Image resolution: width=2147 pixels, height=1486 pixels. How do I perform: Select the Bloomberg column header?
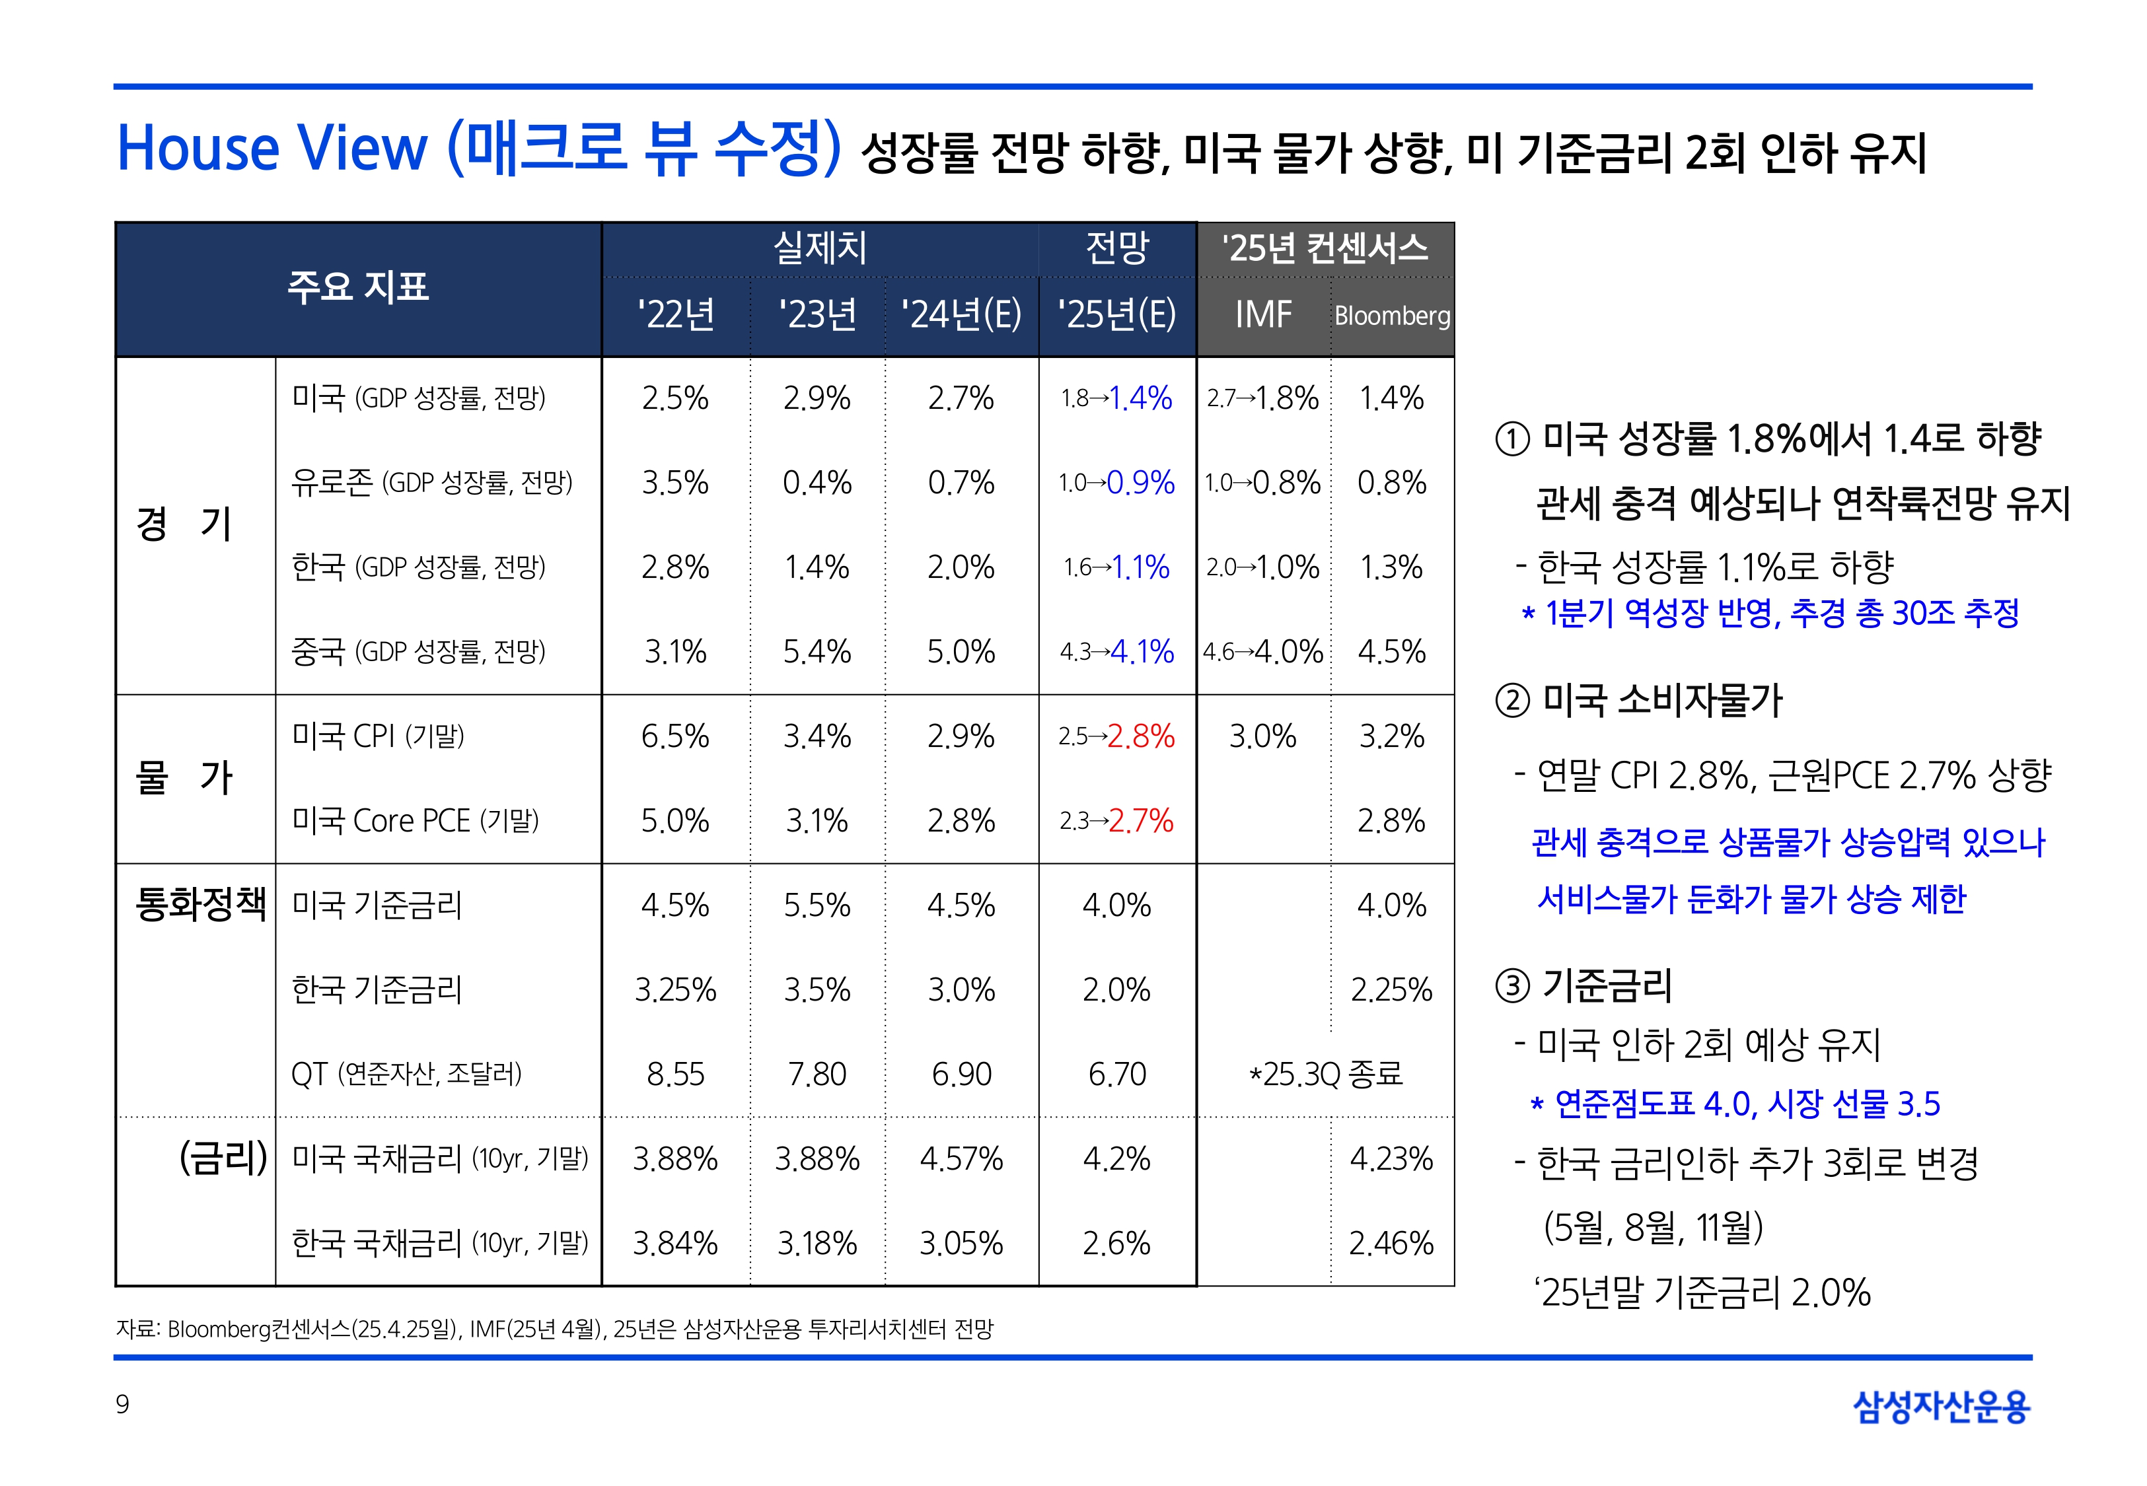point(1392,316)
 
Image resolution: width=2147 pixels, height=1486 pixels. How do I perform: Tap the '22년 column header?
point(676,315)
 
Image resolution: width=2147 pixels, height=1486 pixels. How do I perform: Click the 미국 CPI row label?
point(378,736)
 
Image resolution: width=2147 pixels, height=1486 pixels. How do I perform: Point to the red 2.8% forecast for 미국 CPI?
point(1142,736)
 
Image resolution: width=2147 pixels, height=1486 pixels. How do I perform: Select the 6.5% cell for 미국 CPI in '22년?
point(675,736)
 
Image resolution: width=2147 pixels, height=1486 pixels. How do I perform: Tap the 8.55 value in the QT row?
point(675,1075)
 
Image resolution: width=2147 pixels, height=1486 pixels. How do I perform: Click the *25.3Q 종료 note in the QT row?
point(1325,1075)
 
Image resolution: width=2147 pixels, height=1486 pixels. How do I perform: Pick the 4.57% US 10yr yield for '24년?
point(961,1159)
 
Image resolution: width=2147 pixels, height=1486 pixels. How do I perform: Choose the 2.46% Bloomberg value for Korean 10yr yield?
point(1391,1243)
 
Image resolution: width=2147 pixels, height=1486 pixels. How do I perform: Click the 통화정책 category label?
point(200,903)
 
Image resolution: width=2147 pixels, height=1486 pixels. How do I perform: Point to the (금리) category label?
point(223,1158)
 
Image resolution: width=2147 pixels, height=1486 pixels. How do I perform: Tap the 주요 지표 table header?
point(359,287)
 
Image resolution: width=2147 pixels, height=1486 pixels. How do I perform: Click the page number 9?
point(122,1404)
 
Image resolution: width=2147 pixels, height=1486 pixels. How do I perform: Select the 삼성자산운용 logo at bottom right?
point(1942,1406)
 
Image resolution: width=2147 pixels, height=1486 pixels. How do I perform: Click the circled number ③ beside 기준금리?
point(1512,986)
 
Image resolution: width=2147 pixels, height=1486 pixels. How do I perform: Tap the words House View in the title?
point(272,149)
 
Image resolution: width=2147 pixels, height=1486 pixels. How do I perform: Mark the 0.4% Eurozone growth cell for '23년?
point(817,482)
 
